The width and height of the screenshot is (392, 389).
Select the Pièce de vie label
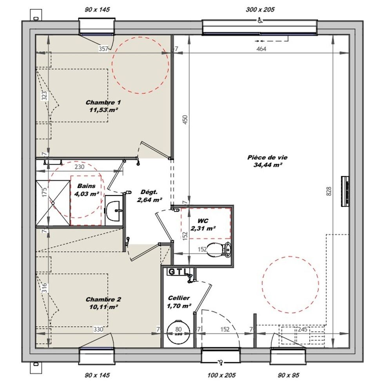(x=267, y=157)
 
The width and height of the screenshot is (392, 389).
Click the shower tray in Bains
(x=53, y=203)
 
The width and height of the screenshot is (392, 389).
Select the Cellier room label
(x=179, y=298)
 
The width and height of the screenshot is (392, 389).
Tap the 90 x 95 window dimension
(x=288, y=375)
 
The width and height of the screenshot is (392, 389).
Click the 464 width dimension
(x=261, y=49)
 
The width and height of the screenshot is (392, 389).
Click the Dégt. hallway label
(x=149, y=192)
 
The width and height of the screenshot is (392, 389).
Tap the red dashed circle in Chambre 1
(x=140, y=65)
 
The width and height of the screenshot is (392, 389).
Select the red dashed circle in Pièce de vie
(x=290, y=285)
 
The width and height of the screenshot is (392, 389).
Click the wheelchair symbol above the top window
(x=260, y=21)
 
